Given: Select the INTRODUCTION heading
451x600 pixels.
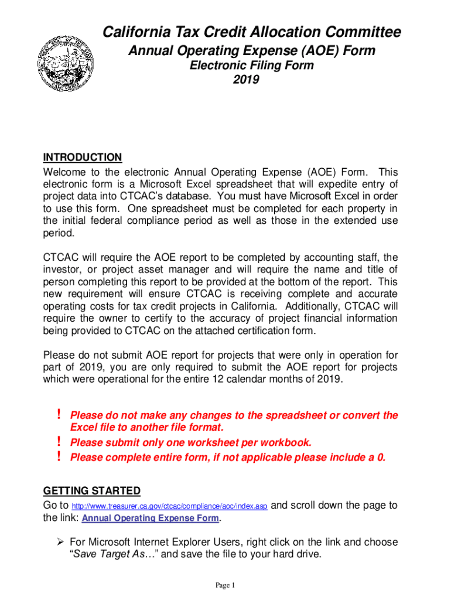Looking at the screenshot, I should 83,158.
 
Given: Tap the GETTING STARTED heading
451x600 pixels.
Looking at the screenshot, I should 92,491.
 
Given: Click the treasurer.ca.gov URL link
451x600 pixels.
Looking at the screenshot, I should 169,506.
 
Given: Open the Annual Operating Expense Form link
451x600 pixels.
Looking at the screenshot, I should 151,519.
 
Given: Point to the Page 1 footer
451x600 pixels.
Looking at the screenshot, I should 225,585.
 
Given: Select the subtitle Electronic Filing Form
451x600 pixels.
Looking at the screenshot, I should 251,66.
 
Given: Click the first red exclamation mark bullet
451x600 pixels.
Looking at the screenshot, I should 59,415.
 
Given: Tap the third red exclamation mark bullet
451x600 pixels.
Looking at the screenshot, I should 59,458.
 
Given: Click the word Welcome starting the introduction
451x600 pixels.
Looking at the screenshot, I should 66,172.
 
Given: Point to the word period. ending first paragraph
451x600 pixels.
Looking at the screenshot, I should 58,233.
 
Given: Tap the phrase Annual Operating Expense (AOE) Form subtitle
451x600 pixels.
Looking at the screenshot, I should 252,52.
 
